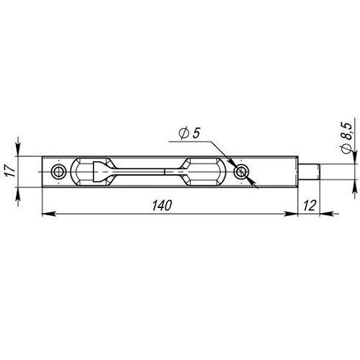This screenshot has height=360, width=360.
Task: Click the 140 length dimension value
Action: pos(162,206)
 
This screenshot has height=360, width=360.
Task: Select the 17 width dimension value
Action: pos(11,171)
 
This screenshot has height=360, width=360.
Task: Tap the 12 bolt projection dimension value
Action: pos(310,206)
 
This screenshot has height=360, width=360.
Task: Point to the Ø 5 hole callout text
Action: pos(189,133)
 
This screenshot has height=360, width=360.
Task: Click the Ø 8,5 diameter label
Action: pos(346,138)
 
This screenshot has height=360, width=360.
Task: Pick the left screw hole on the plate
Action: pos(58,172)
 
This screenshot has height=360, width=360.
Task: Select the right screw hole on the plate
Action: pos(241,172)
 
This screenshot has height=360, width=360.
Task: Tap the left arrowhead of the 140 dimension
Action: pos(49,213)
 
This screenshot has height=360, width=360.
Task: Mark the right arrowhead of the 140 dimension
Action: pos(291,213)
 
